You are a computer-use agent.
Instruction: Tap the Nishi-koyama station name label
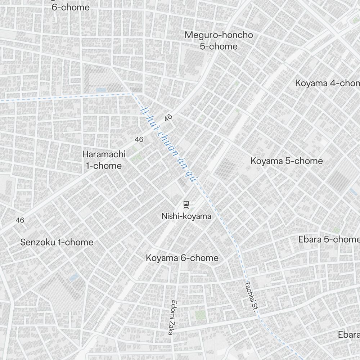click(x=186, y=216)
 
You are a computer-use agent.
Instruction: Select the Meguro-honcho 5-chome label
click(x=219, y=41)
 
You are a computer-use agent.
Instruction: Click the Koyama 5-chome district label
click(x=287, y=161)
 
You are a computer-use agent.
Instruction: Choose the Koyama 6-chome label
click(x=182, y=258)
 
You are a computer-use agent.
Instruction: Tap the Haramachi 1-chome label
click(x=104, y=160)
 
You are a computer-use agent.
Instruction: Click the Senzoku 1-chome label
click(x=57, y=242)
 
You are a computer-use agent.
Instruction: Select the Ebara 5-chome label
click(x=329, y=239)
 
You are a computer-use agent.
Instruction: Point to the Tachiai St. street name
click(x=251, y=299)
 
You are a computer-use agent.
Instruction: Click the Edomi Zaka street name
click(x=172, y=317)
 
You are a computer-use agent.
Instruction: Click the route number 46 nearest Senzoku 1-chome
click(x=20, y=220)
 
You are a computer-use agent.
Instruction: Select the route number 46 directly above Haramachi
click(x=139, y=139)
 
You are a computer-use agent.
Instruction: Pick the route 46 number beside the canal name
click(x=168, y=117)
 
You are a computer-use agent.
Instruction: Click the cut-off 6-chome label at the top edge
click(x=71, y=7)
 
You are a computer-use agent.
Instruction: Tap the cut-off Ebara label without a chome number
click(x=348, y=334)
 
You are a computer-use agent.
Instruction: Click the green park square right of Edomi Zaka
click(x=200, y=315)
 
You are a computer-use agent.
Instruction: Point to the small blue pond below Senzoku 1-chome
click(x=74, y=277)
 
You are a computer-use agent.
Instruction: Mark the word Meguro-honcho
click(x=219, y=35)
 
